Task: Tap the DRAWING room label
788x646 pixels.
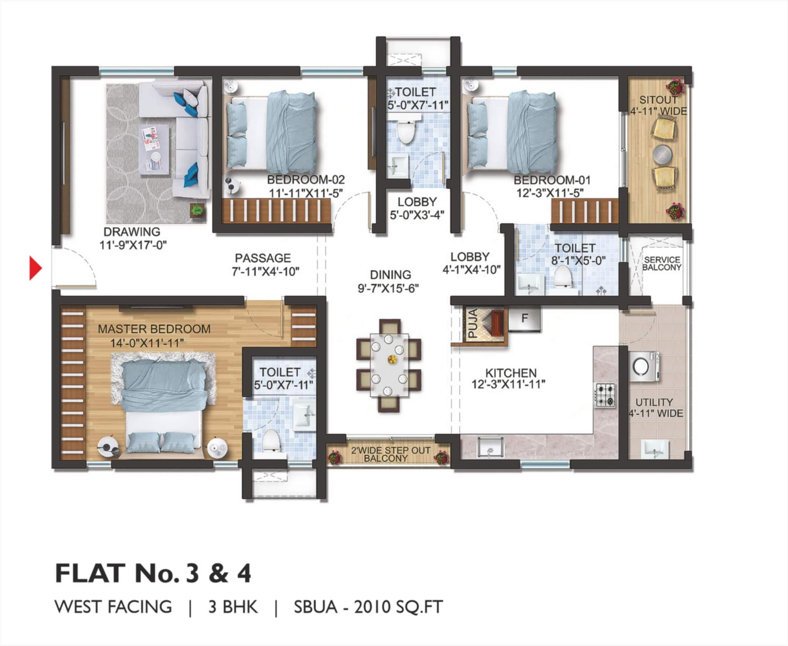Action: pos(132,232)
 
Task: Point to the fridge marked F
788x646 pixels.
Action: pos(525,318)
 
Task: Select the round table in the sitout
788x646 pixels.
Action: pos(662,154)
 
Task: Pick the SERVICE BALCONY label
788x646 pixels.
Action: pos(662,263)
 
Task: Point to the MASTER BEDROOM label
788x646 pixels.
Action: pos(154,329)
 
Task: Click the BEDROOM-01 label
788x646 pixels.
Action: pos(552,180)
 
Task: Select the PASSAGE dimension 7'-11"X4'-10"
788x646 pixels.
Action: pos(265,272)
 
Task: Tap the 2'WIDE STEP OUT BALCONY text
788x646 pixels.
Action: pos(385,454)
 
